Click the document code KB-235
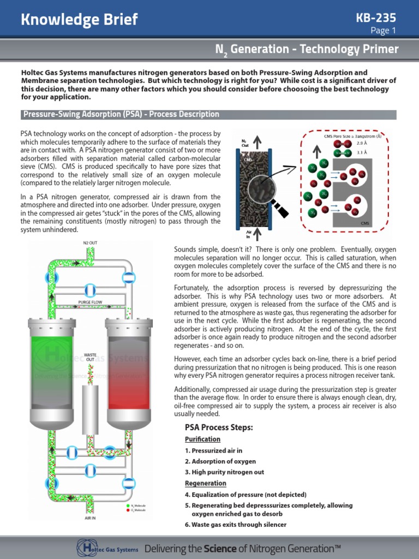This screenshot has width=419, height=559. [376, 17]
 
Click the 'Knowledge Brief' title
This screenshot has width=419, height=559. [79, 20]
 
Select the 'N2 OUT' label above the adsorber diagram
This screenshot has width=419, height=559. [90, 242]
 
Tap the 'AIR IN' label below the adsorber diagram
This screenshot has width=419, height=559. [90, 518]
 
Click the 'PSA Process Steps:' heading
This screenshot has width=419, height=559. [219, 427]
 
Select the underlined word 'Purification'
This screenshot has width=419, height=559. [202, 439]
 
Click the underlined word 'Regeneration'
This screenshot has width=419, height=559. [205, 484]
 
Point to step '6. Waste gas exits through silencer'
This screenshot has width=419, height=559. [235, 525]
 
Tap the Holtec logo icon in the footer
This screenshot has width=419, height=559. [85, 548]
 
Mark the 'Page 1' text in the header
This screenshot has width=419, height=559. [383, 31]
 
